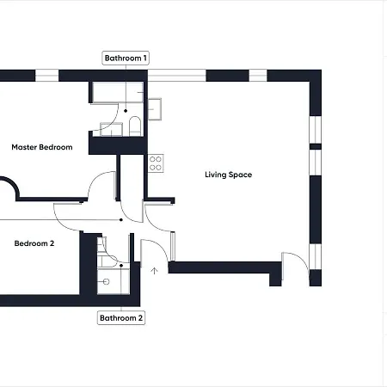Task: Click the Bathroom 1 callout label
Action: pyautogui.click(x=126, y=58)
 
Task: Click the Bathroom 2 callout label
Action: pyautogui.click(x=120, y=317)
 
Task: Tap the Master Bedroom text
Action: pyautogui.click(x=41, y=147)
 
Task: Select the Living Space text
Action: pyautogui.click(x=228, y=175)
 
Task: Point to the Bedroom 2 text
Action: pyautogui.click(x=34, y=243)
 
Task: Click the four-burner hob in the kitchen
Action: pyautogui.click(x=156, y=163)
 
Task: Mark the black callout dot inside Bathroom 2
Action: pyautogui.click(x=121, y=267)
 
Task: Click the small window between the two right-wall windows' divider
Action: pyautogui.click(x=315, y=146)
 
